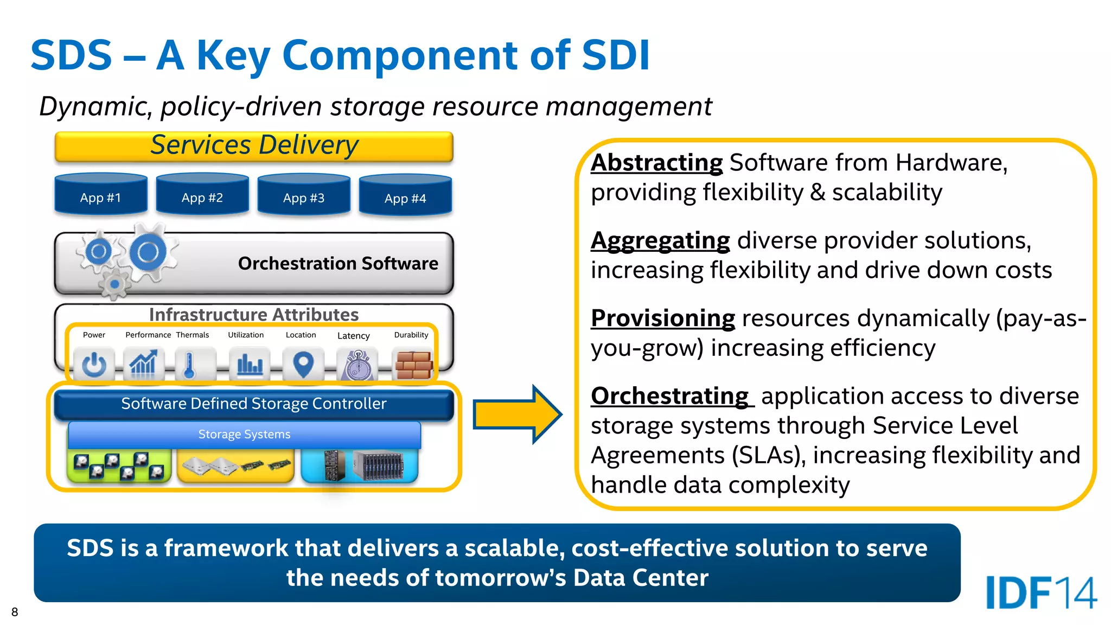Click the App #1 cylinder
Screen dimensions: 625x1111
pyautogui.click(x=100, y=195)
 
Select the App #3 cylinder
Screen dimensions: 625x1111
pyautogui.click(x=303, y=195)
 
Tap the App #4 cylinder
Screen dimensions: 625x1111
pyautogui.click(x=405, y=196)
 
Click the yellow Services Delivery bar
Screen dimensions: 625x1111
pyautogui.click(x=254, y=146)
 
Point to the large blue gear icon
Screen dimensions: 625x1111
pyautogui.click(x=148, y=252)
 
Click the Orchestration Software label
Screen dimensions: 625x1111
pyautogui.click(x=338, y=264)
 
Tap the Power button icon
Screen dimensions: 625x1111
pyautogui.click(x=94, y=365)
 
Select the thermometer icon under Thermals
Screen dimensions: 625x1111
pyautogui.click(x=189, y=365)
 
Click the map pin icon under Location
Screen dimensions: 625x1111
pyautogui.click(x=303, y=365)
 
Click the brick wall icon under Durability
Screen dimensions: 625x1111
pyautogui.click(x=414, y=365)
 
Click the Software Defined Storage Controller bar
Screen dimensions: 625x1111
pyautogui.click(x=254, y=404)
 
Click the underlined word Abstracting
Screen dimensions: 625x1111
pyautogui.click(x=656, y=163)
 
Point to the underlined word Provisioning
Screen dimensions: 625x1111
pyautogui.click(x=663, y=318)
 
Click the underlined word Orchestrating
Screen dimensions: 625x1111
pyautogui.click(x=671, y=396)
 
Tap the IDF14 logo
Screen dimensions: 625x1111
pyautogui.click(x=1040, y=592)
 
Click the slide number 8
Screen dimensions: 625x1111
pyautogui.click(x=15, y=612)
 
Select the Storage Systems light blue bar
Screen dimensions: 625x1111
pyautogui.click(x=244, y=435)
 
